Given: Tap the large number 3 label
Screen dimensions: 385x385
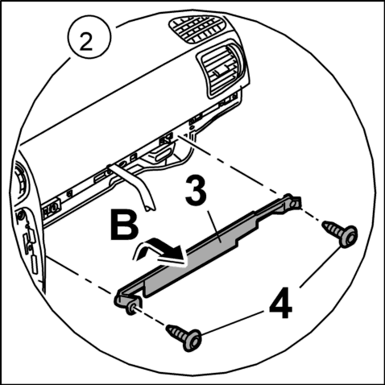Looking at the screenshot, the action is coord(197,191).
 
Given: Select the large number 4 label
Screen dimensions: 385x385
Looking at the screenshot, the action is coord(280,302).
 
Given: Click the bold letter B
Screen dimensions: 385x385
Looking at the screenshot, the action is coord(124,225).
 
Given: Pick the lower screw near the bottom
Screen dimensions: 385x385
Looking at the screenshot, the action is coord(184,337).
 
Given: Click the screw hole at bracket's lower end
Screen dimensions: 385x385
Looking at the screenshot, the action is coord(131,309).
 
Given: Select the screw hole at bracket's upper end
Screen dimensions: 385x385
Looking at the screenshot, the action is coord(293,205).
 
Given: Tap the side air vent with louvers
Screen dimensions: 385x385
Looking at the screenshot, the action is coord(223,69).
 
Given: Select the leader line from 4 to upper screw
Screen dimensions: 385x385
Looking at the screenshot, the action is coord(319,267).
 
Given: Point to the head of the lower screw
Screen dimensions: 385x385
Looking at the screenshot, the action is coord(192,341).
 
